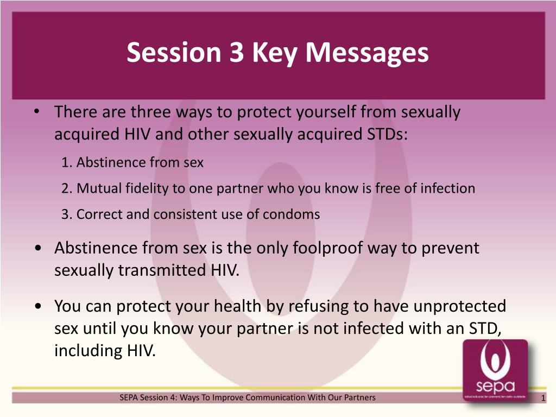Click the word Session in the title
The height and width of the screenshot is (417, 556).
[x=174, y=53]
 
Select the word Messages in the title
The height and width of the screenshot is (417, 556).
[x=367, y=53]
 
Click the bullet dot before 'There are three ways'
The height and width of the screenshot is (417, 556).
[x=37, y=112]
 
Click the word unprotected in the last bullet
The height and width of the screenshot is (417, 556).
[x=460, y=306]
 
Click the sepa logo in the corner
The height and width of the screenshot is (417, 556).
[x=495, y=370]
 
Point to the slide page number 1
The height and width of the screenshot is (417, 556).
[x=543, y=398]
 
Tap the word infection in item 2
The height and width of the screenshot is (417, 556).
[x=447, y=188]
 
